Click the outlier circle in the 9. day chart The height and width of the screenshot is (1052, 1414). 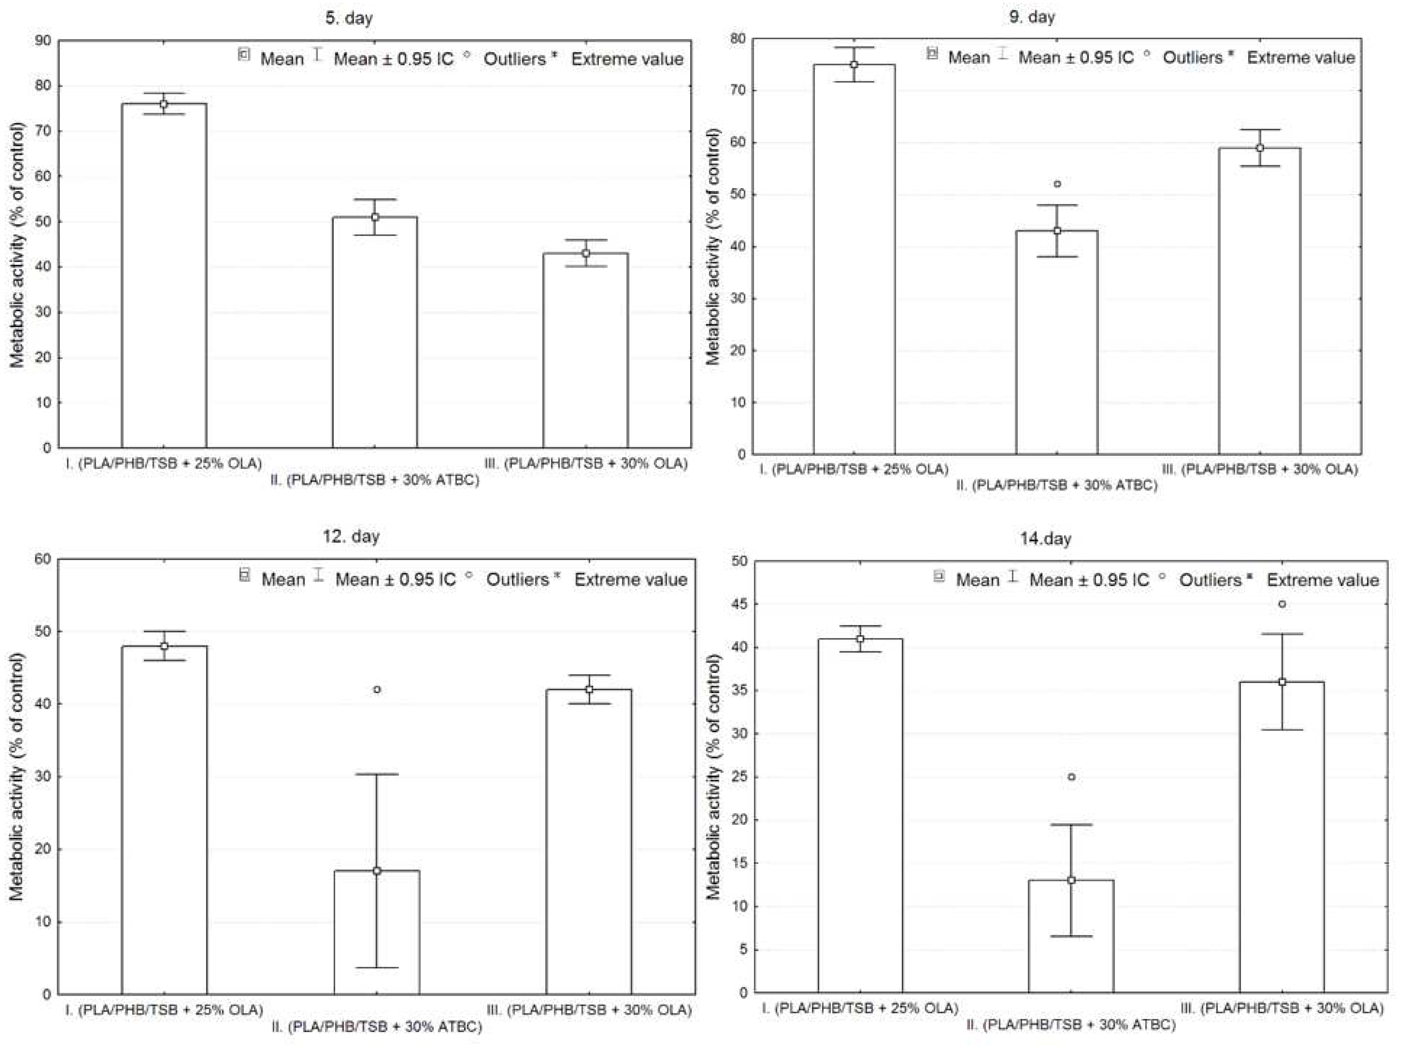[1057, 184]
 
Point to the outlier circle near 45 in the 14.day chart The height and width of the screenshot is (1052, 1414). [1282, 604]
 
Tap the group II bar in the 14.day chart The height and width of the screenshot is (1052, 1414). [1071, 936]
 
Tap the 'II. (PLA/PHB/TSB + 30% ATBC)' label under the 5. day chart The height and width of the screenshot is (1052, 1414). [374, 480]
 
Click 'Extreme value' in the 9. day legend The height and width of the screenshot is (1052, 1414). [1301, 57]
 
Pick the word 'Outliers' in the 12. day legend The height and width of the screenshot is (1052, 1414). [517, 579]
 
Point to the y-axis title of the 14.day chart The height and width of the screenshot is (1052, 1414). [713, 777]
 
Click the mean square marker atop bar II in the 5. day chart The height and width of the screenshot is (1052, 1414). [375, 217]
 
